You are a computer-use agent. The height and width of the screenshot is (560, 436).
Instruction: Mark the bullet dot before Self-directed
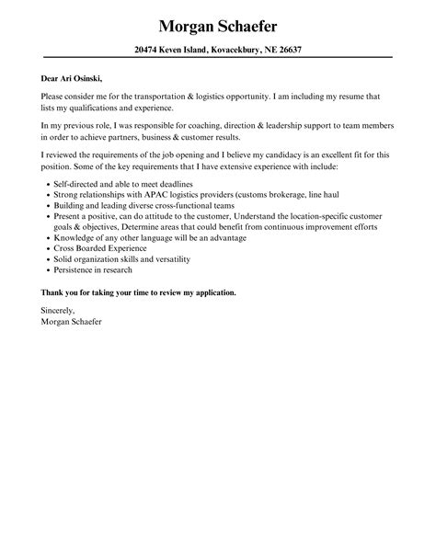click(44, 184)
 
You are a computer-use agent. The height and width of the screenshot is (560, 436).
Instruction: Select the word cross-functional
click(166, 207)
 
